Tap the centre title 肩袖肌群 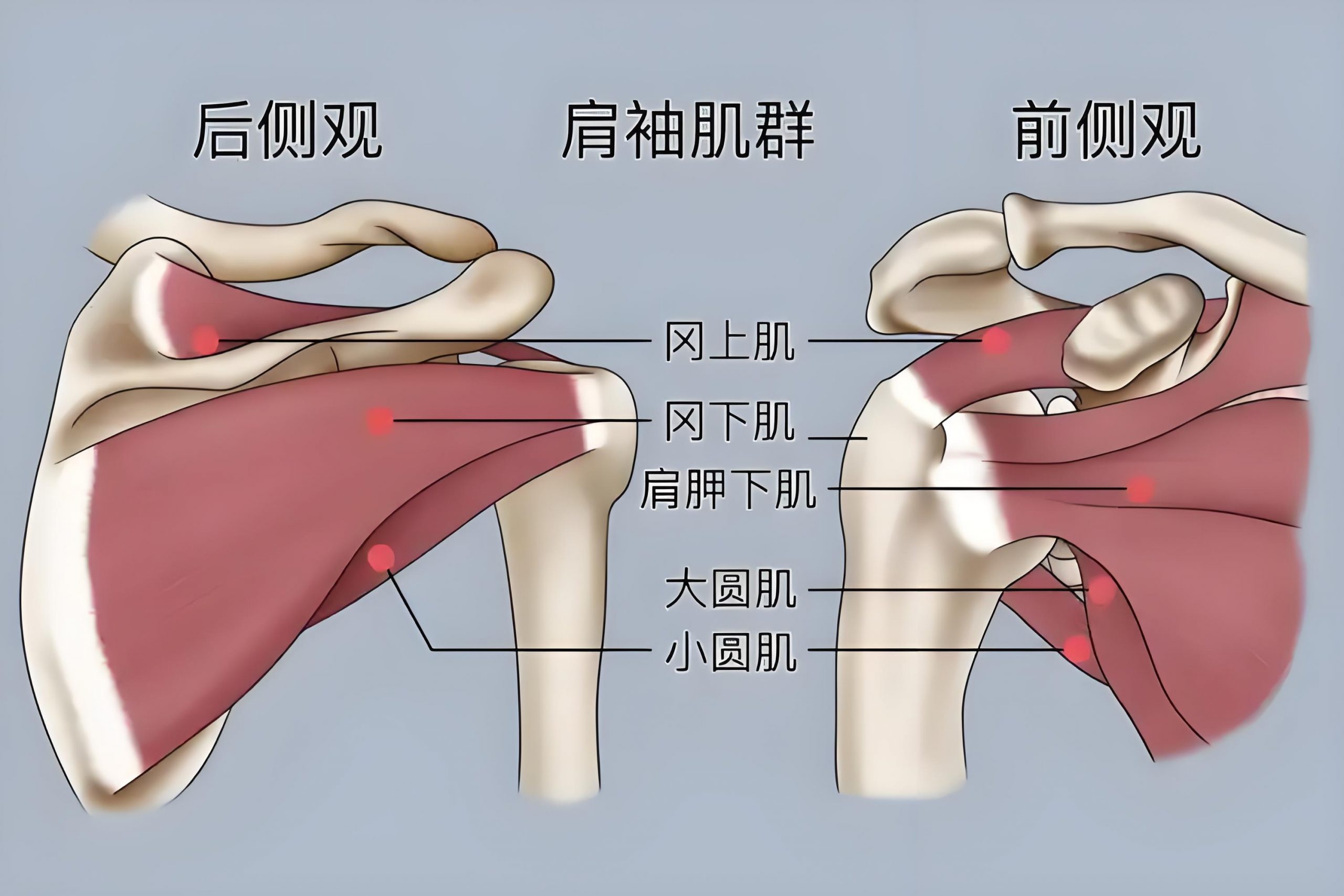688,131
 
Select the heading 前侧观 1108,131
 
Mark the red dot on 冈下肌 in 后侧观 380,421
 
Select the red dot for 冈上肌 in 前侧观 995,341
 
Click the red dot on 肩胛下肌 1140,489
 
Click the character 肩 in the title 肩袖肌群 592,131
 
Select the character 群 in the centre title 784,131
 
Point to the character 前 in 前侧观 1044,131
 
